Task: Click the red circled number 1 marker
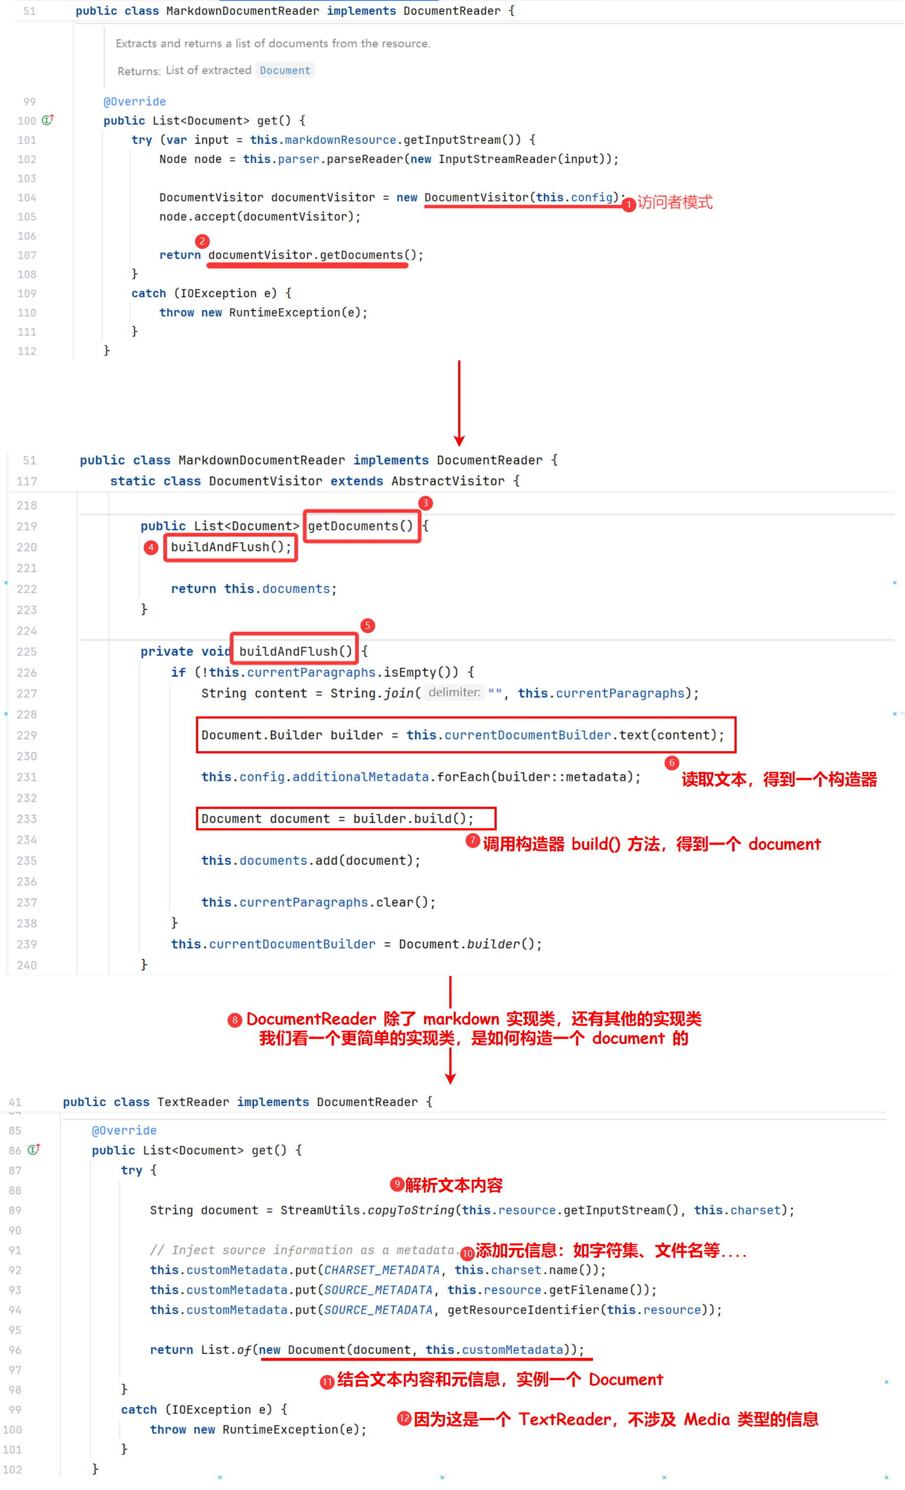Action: pyautogui.click(x=628, y=205)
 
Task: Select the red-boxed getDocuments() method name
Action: pyautogui.click(x=361, y=526)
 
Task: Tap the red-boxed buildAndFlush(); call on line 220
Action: pyautogui.click(x=231, y=547)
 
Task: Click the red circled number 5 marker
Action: pyautogui.click(x=367, y=625)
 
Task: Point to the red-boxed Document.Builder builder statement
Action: pyautogui.click(x=466, y=735)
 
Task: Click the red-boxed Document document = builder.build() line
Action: pyautogui.click(x=345, y=818)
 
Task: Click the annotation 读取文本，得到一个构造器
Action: pyautogui.click(x=779, y=779)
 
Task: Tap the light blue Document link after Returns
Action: pyautogui.click(x=285, y=70)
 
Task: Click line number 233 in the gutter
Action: pyautogui.click(x=27, y=819)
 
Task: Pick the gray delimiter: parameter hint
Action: pyautogui.click(x=454, y=692)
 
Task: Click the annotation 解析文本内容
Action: pyautogui.click(x=453, y=1185)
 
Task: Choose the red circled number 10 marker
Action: pyautogui.click(x=467, y=1253)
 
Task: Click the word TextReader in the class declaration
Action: pyautogui.click(x=193, y=1102)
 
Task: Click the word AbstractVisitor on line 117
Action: pyautogui.click(x=447, y=481)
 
